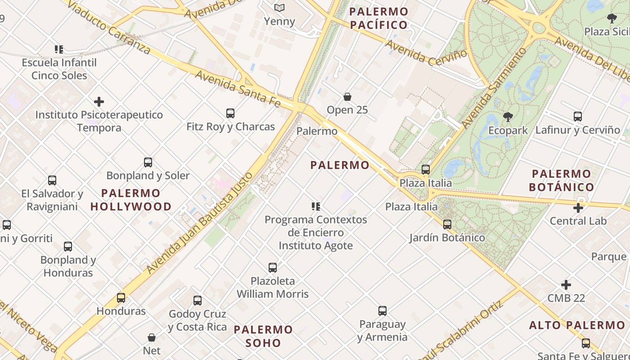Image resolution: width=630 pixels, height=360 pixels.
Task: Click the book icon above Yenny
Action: point(279,8)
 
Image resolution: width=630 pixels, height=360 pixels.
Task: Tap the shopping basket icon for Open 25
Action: point(347,96)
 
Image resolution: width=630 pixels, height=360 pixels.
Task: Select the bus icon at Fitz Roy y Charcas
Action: point(230,113)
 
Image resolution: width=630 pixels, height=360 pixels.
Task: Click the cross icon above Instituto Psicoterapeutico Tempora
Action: point(99,102)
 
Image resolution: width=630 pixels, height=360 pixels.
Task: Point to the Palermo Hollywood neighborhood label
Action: point(131,200)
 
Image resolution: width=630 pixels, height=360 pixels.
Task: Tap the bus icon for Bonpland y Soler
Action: point(148,162)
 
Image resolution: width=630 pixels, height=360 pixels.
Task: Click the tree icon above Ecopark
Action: point(508,117)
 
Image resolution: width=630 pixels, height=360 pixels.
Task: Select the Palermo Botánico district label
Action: point(562,180)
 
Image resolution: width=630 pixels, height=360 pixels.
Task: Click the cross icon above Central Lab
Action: point(578,207)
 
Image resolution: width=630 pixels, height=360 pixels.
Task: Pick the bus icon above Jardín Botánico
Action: point(447,224)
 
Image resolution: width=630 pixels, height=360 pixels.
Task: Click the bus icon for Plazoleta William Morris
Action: point(273,267)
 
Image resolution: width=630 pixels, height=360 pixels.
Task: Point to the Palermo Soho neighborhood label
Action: point(264,336)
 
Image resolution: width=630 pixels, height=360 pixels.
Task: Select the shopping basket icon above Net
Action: point(152,337)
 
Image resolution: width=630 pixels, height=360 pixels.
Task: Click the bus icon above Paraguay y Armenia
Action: point(382,310)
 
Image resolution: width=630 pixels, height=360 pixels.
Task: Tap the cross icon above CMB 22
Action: point(566,285)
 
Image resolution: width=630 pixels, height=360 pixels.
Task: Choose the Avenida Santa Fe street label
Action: point(238,89)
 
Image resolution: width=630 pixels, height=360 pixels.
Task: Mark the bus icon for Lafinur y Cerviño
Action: point(578,117)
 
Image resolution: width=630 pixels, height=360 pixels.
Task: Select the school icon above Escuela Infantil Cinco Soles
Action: point(59,49)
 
